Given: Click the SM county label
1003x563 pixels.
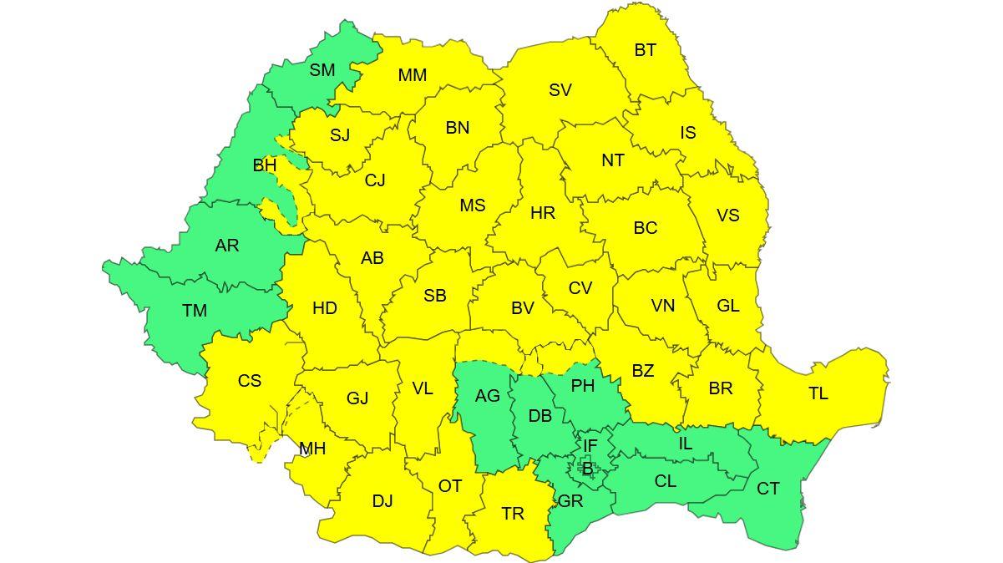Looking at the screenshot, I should click(322, 70).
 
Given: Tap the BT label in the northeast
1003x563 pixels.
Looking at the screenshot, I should click(645, 50).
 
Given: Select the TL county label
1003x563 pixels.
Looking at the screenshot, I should click(818, 393).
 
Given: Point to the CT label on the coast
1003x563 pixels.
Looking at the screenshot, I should click(768, 489).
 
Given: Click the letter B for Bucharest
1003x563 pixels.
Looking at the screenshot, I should click(587, 469).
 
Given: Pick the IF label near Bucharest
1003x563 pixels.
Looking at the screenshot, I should click(590, 447).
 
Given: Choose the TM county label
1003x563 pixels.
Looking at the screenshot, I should click(195, 311).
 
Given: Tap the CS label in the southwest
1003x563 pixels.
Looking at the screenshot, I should click(250, 381).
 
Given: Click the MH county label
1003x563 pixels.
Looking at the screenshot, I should click(312, 449).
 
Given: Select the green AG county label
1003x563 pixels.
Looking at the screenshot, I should click(487, 396).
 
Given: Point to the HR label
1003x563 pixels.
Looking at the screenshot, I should click(543, 214).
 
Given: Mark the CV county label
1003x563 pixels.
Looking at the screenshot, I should click(580, 288).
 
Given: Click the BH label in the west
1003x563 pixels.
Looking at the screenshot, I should click(265, 165).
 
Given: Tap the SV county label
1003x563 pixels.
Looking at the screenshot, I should click(560, 90).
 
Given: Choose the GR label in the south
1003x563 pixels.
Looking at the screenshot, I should click(570, 501).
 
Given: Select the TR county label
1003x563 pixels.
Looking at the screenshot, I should click(513, 514).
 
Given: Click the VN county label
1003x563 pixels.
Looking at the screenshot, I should click(663, 306).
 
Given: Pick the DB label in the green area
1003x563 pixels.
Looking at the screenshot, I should click(540, 415).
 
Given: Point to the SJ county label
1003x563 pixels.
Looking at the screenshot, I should click(340, 135).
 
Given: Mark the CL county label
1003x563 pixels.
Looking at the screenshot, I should click(666, 482).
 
